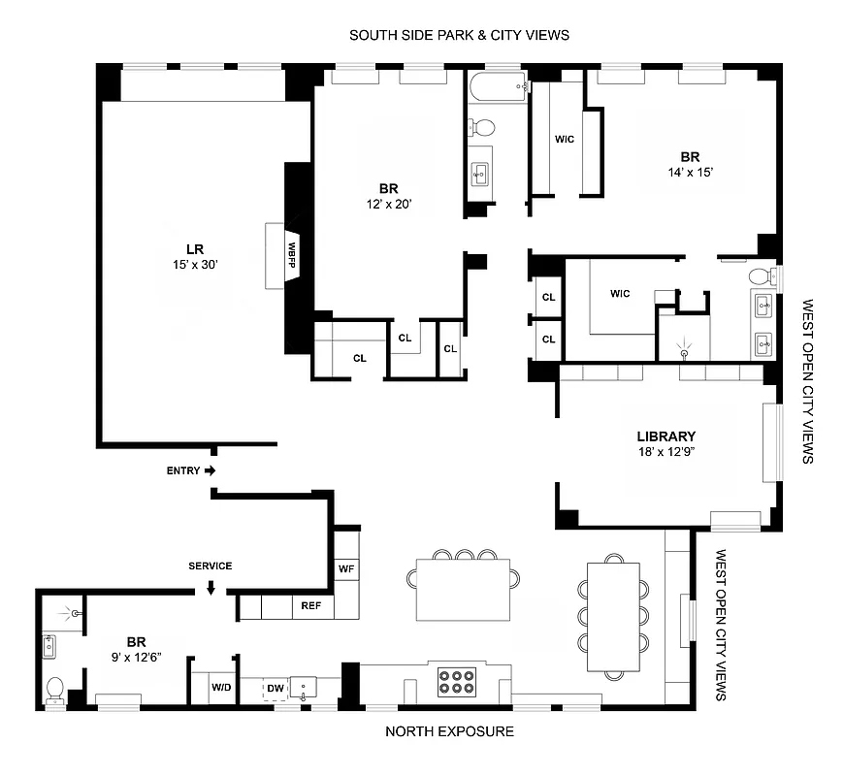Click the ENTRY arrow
tap(211, 470)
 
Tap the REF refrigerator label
tap(310, 606)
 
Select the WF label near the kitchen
tap(345, 568)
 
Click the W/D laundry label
tap(221, 688)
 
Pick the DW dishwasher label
tap(276, 688)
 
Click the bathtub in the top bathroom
tap(495, 87)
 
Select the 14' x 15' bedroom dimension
tap(689, 172)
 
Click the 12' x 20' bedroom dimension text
tap(389, 204)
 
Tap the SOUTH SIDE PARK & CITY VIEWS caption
tap(459, 35)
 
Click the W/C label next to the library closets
tap(622, 293)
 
